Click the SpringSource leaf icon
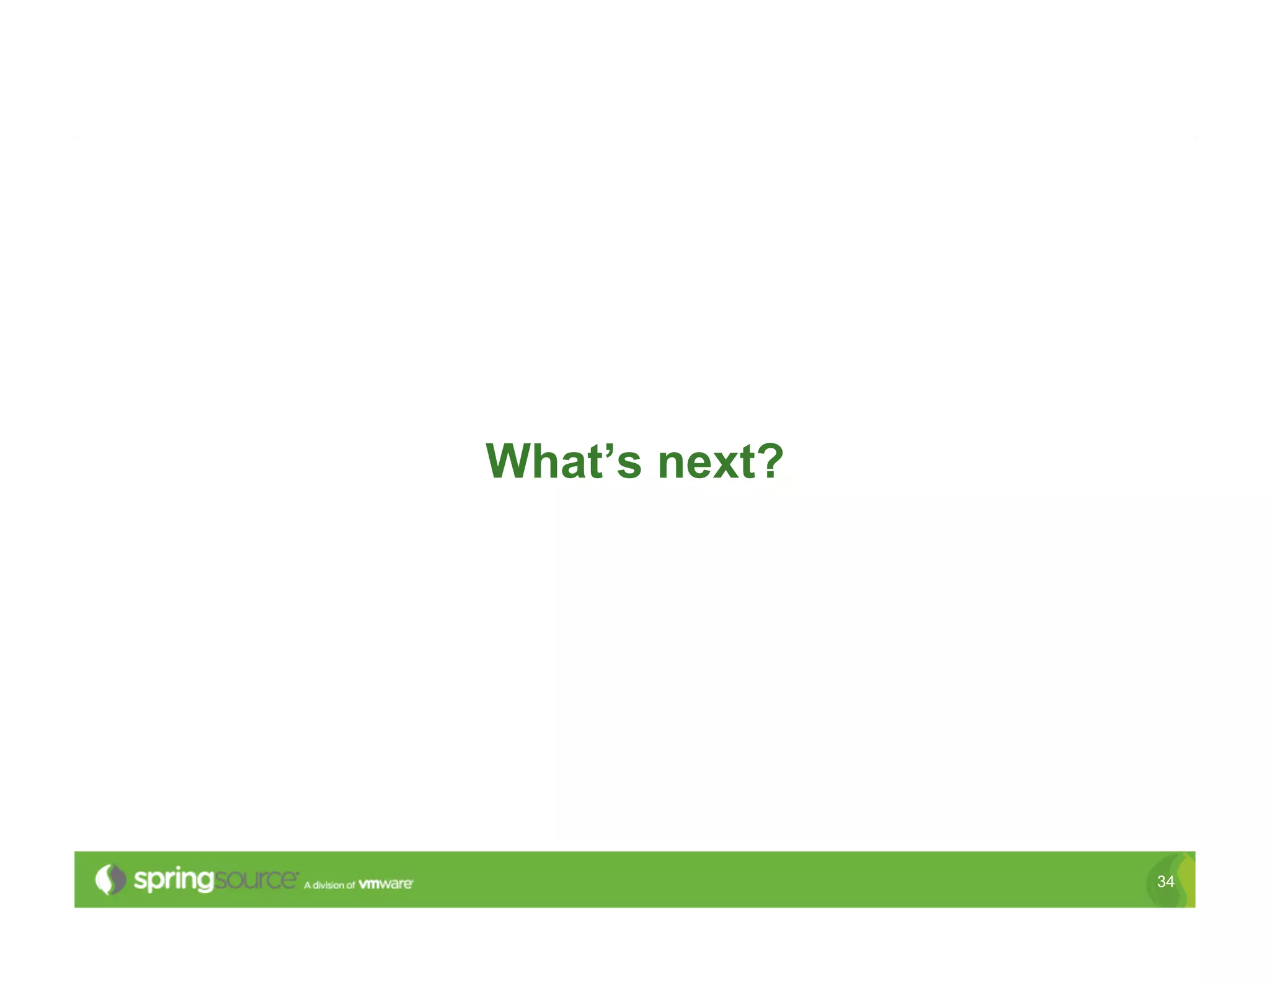pos(110,879)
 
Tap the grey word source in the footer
pos(255,879)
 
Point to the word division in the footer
pos(328,885)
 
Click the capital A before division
pos(307,885)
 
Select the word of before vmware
pos(350,885)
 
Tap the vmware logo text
pos(385,884)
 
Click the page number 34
pos(1165,881)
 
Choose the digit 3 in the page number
pos(1161,881)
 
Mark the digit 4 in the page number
pos(1170,881)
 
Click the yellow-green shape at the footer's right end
pos(1186,881)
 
